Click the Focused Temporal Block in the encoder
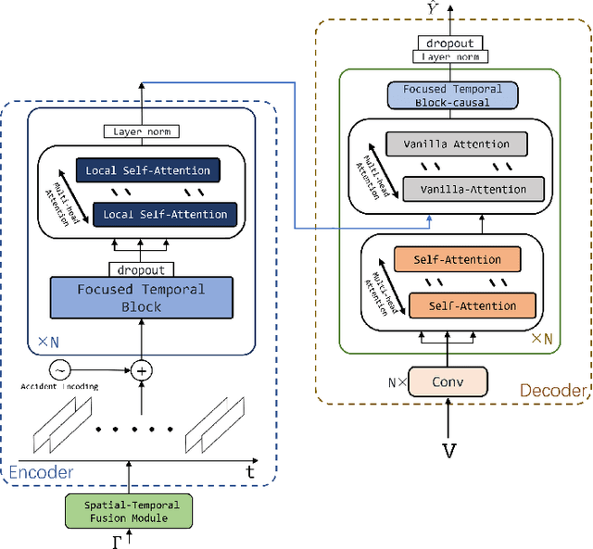click(x=141, y=298)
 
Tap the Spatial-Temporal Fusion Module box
click(x=129, y=510)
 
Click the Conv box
click(x=447, y=380)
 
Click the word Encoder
click(x=41, y=472)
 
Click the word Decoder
click(x=552, y=391)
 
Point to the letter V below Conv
click(x=449, y=451)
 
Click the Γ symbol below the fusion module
click(x=116, y=541)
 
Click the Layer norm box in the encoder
click(x=142, y=131)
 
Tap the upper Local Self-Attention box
click(x=149, y=170)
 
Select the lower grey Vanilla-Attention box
click(x=464, y=189)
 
